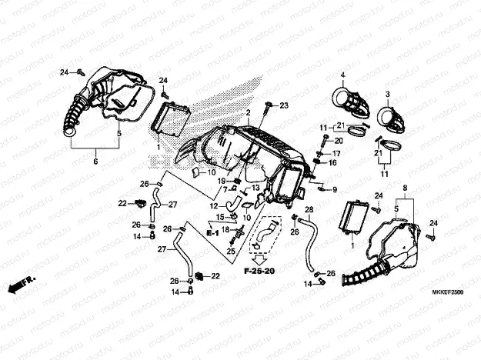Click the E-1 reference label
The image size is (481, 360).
tap(213, 232)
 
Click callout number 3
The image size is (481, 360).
tap(389, 94)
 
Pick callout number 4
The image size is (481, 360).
tap(342, 75)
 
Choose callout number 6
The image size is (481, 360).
tap(96, 162)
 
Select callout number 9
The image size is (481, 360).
tap(334, 188)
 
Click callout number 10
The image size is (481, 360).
tap(212, 172)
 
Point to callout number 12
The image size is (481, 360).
tap(214, 205)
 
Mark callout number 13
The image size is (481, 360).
tap(256, 188)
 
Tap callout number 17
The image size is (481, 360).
tap(336, 153)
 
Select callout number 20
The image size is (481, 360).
tap(339, 142)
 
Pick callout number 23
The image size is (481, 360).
tap(283, 105)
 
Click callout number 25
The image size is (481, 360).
tap(230, 252)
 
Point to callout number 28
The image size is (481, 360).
tap(309, 209)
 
